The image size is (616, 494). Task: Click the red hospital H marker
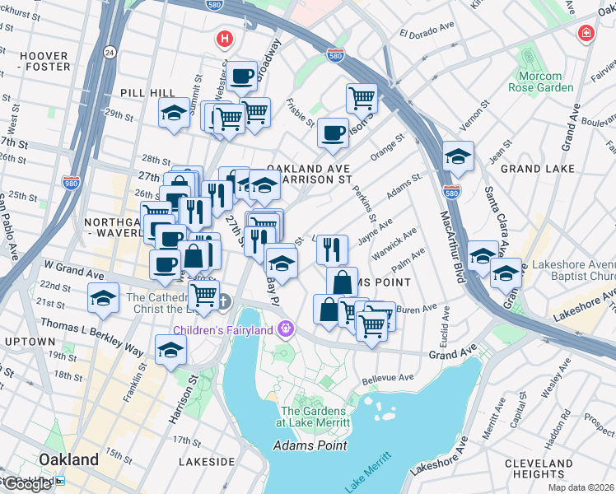[223, 39]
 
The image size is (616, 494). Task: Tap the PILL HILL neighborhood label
[142, 93]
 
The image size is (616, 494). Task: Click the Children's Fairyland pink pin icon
[286, 329]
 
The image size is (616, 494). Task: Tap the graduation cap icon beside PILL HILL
[175, 114]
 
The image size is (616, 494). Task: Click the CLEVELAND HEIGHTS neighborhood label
[558, 468]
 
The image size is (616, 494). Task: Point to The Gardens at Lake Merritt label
[315, 417]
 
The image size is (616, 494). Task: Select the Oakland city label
[68, 459]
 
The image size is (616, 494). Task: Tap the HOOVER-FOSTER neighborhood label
[44, 62]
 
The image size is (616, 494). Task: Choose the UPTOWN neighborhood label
[29, 341]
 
